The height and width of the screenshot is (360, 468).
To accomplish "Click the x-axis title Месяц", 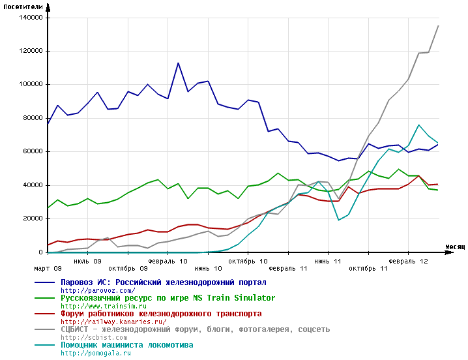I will (x=455, y=247).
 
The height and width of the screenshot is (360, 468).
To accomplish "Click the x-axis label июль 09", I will (x=87, y=260).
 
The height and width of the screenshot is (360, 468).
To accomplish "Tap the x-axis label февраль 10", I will (x=168, y=260).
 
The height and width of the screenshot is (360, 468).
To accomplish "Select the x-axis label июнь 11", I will (x=328, y=260).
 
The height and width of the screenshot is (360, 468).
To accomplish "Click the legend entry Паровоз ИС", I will (x=163, y=282).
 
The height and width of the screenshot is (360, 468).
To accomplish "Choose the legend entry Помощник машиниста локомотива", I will (x=126, y=345).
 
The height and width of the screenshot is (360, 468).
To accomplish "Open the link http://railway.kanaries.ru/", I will (x=113, y=322).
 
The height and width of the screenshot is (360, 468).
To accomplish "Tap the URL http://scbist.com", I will (x=95, y=337).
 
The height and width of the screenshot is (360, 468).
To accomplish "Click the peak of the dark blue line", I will (x=178, y=63).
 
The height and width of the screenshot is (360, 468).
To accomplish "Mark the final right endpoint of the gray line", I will (x=438, y=26).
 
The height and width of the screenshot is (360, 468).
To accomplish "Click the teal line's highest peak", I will (x=418, y=125).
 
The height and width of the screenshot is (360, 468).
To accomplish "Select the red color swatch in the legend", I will (x=45, y=314).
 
